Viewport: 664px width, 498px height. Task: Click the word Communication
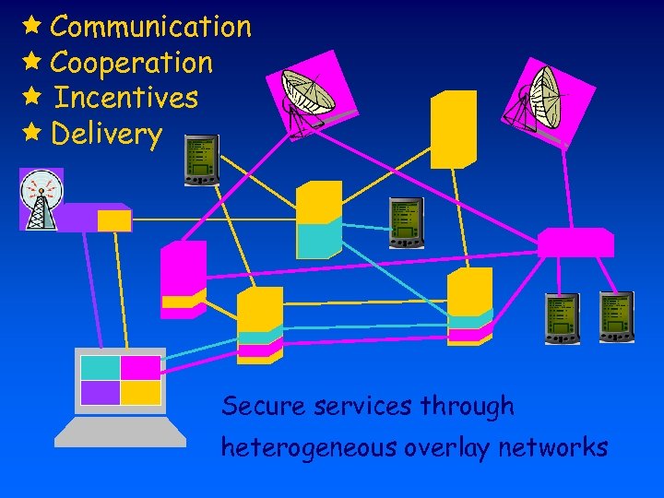(150, 27)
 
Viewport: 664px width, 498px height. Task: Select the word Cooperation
(132, 63)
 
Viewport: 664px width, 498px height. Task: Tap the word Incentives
(126, 97)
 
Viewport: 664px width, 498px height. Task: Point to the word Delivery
(107, 134)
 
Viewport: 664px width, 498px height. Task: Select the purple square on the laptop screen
(101, 393)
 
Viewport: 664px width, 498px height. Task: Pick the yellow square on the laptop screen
(141, 393)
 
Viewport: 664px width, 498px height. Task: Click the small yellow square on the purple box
(114, 220)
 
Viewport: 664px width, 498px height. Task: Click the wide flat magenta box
(575, 242)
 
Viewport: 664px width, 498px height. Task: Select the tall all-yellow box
(454, 129)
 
